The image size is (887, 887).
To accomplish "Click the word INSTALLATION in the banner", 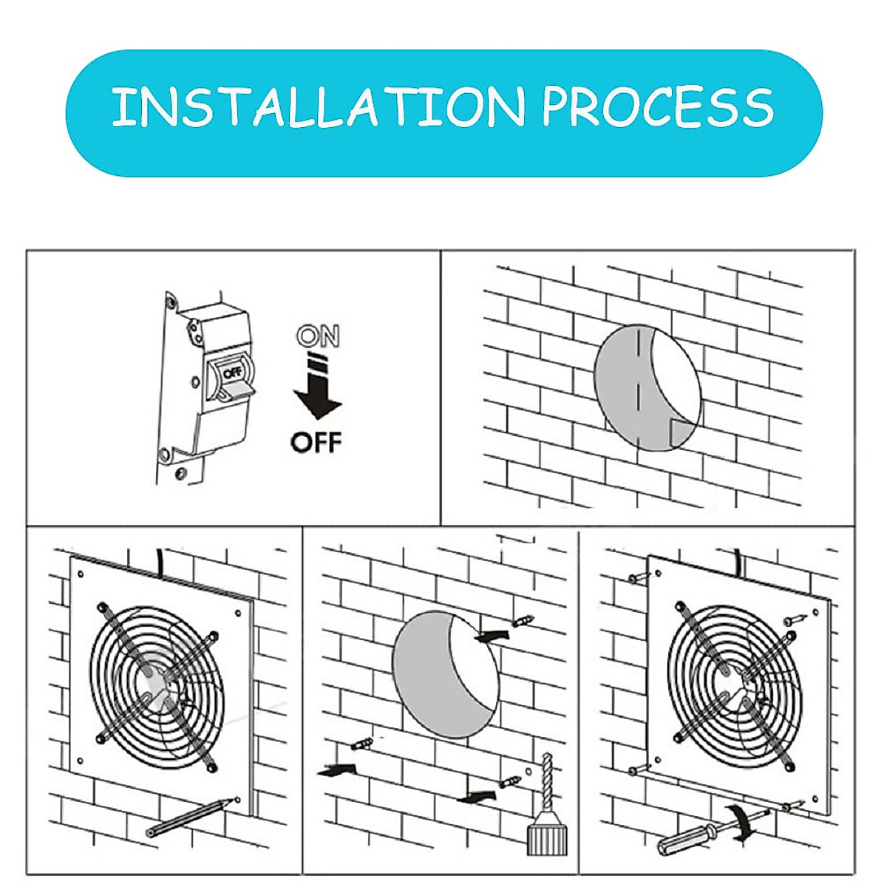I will [x=318, y=107].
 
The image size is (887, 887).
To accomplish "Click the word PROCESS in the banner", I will [x=658, y=107].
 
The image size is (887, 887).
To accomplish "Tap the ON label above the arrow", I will [x=318, y=337].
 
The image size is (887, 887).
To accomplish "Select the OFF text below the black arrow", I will [x=316, y=443].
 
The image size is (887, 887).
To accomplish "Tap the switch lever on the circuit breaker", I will [x=235, y=390].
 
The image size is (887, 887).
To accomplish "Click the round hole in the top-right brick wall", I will [x=647, y=388].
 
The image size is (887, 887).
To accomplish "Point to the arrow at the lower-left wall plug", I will [x=336, y=770].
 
